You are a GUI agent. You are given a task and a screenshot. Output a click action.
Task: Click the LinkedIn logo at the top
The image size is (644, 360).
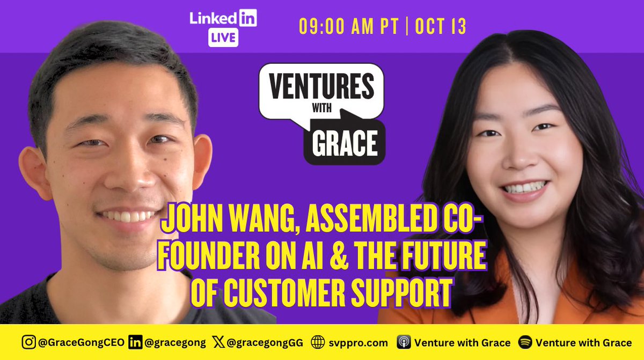click(x=223, y=19)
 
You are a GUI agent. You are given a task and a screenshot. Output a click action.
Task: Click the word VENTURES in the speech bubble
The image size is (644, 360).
click(x=321, y=84)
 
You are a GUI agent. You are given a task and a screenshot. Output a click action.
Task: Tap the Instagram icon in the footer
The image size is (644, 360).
click(x=27, y=342)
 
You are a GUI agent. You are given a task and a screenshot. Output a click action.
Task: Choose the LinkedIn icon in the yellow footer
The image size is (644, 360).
click(x=135, y=342)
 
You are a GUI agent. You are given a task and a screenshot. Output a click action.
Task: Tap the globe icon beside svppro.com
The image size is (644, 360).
click(x=318, y=342)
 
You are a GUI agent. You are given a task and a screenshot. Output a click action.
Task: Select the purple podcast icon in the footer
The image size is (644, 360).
click(x=403, y=342)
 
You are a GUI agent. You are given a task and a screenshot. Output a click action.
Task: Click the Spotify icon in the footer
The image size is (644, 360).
click(x=525, y=342)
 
